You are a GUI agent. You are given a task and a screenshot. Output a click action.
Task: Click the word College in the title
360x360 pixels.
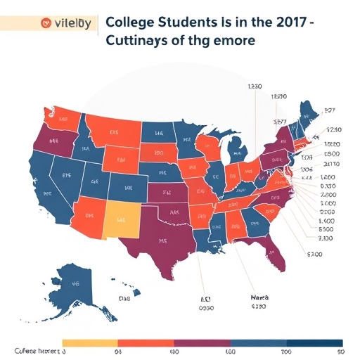130,20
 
